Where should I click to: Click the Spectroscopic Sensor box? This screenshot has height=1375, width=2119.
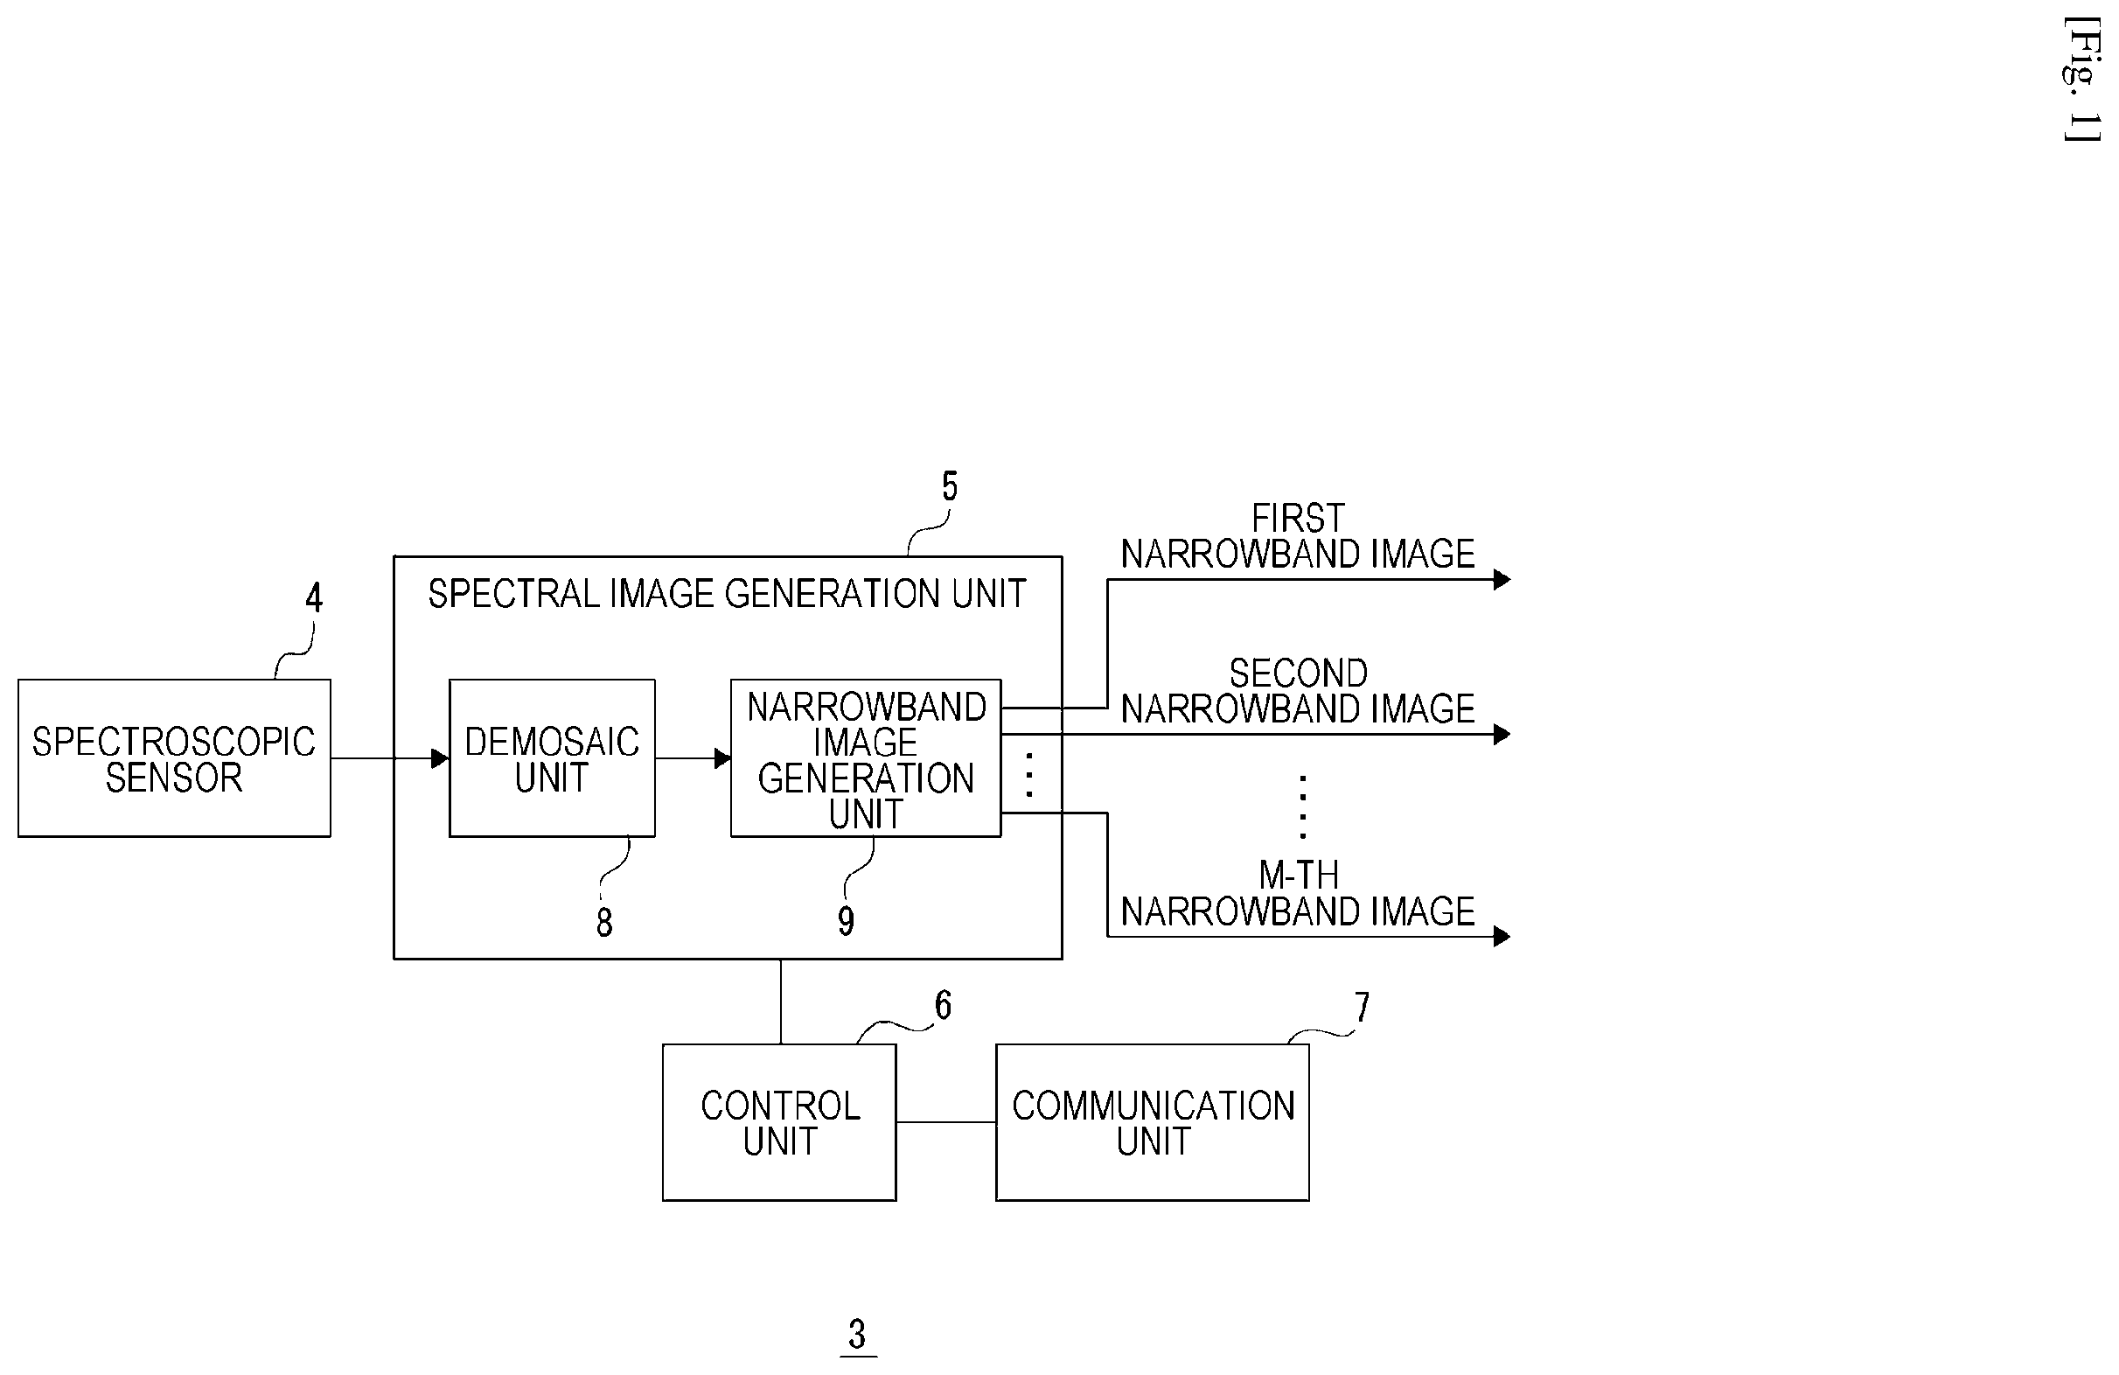175,757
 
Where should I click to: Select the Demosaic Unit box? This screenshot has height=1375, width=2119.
552,757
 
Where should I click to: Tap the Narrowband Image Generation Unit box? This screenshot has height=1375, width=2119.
866,757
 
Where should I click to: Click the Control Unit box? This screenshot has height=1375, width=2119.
779,1122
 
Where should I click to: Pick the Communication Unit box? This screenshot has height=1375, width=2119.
1152,1122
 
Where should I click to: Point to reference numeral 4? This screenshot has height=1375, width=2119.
313,597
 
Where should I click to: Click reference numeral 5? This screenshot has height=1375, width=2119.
950,486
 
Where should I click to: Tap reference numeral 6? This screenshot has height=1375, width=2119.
943,1005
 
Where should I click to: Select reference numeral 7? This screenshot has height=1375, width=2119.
1363,1008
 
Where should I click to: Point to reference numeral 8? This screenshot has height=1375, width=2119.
604,923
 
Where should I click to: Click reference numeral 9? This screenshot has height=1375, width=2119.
846,921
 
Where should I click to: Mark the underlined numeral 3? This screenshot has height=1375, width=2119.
857,1334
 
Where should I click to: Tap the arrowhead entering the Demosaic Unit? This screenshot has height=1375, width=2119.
440,758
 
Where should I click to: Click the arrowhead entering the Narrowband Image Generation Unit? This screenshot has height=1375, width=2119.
722,758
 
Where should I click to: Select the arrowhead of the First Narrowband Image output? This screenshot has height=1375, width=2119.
1502,580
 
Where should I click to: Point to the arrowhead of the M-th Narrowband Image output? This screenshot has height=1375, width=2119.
1502,936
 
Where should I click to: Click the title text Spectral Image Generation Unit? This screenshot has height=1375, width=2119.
727,594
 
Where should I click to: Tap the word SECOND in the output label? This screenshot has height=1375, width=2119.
1298,674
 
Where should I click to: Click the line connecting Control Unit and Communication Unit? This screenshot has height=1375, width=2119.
946,1122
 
